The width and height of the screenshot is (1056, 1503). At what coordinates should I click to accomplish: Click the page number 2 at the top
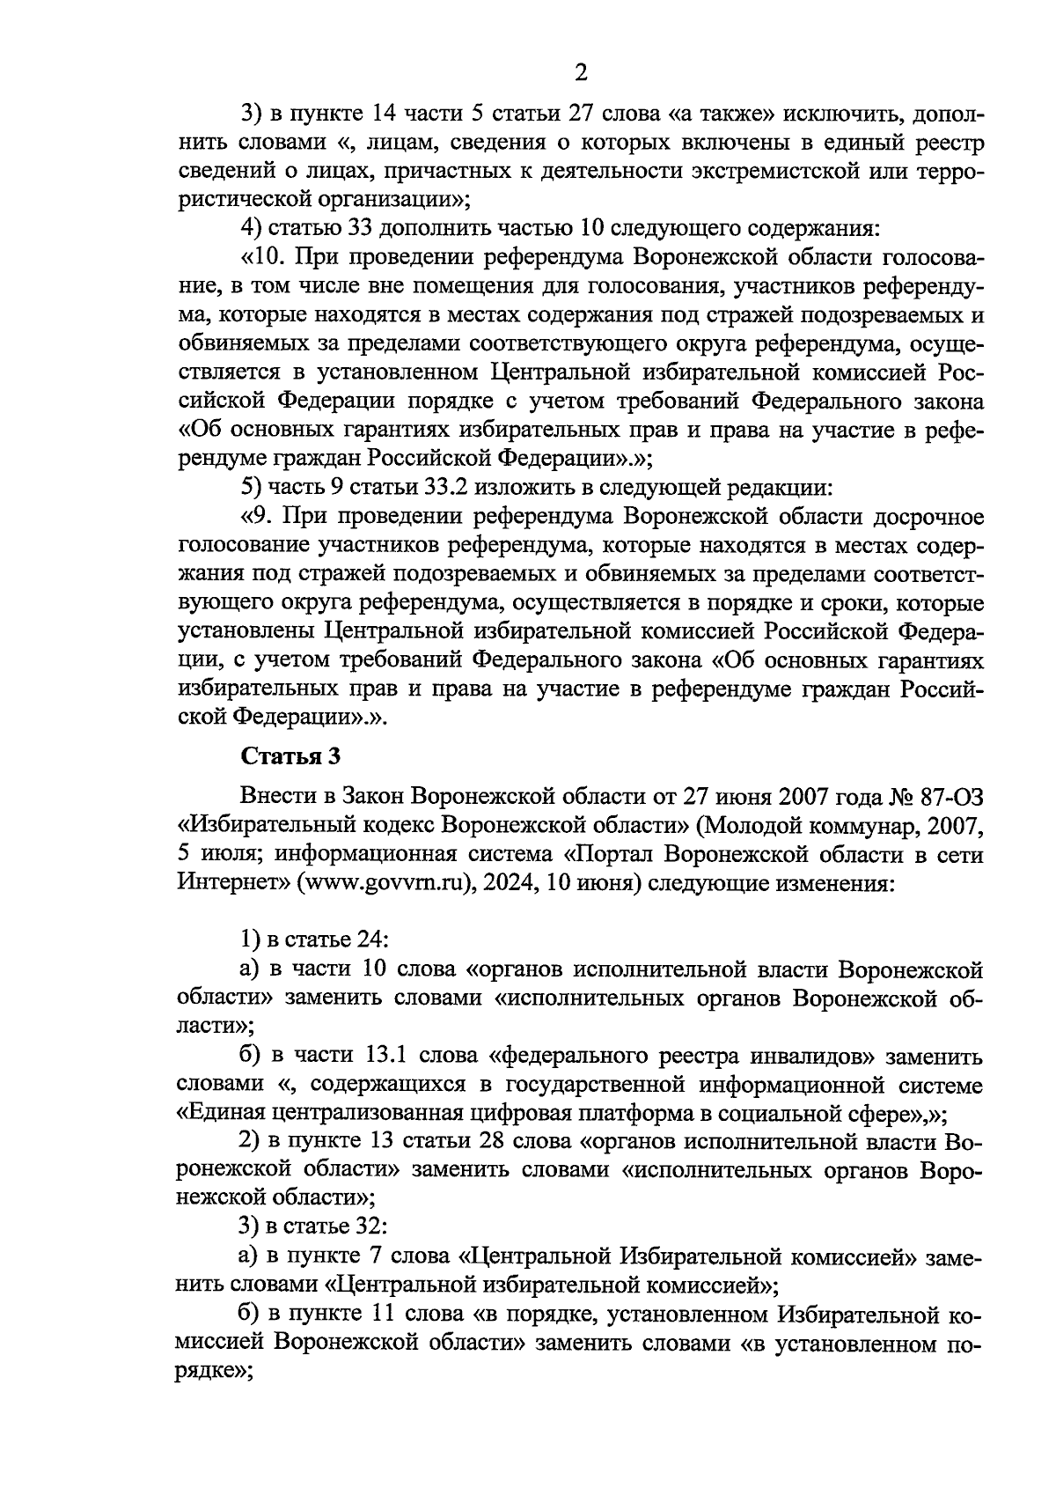pyautogui.click(x=580, y=72)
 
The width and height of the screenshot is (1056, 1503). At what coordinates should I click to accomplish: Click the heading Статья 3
pyautogui.click(x=290, y=756)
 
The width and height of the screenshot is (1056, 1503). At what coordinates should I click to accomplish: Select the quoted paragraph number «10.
pyautogui.click(x=260, y=257)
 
